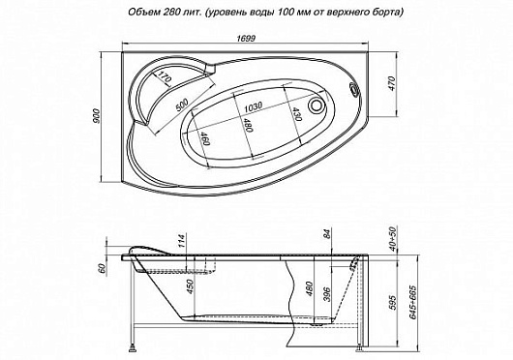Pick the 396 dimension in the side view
pos(330,294)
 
